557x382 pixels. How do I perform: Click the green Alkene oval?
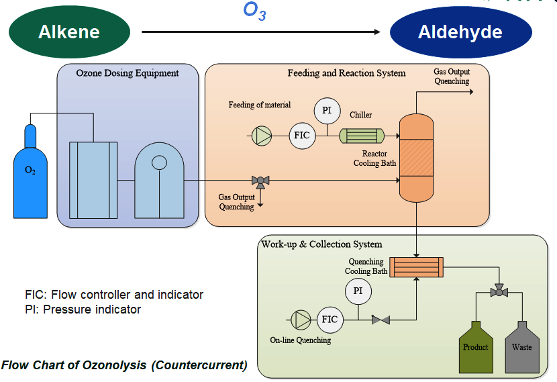69,32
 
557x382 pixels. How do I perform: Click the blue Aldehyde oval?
460,32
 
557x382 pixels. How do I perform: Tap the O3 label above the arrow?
254,11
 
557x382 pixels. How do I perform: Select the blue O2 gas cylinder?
30,176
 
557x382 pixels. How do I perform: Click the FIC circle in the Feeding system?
302,135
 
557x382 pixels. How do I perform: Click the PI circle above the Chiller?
327,109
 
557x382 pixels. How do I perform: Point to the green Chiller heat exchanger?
361,136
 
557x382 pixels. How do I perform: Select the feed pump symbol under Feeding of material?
261,135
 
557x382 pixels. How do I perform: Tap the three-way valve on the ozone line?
260,180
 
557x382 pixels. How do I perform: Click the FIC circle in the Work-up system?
330,319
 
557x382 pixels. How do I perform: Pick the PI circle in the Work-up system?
358,291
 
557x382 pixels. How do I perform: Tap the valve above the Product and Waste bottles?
499,291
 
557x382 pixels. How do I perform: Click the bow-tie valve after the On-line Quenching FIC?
381,320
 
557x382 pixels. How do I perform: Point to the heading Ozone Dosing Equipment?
128,73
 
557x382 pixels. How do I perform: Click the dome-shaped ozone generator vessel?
159,183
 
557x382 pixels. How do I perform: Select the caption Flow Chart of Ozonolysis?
124,366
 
